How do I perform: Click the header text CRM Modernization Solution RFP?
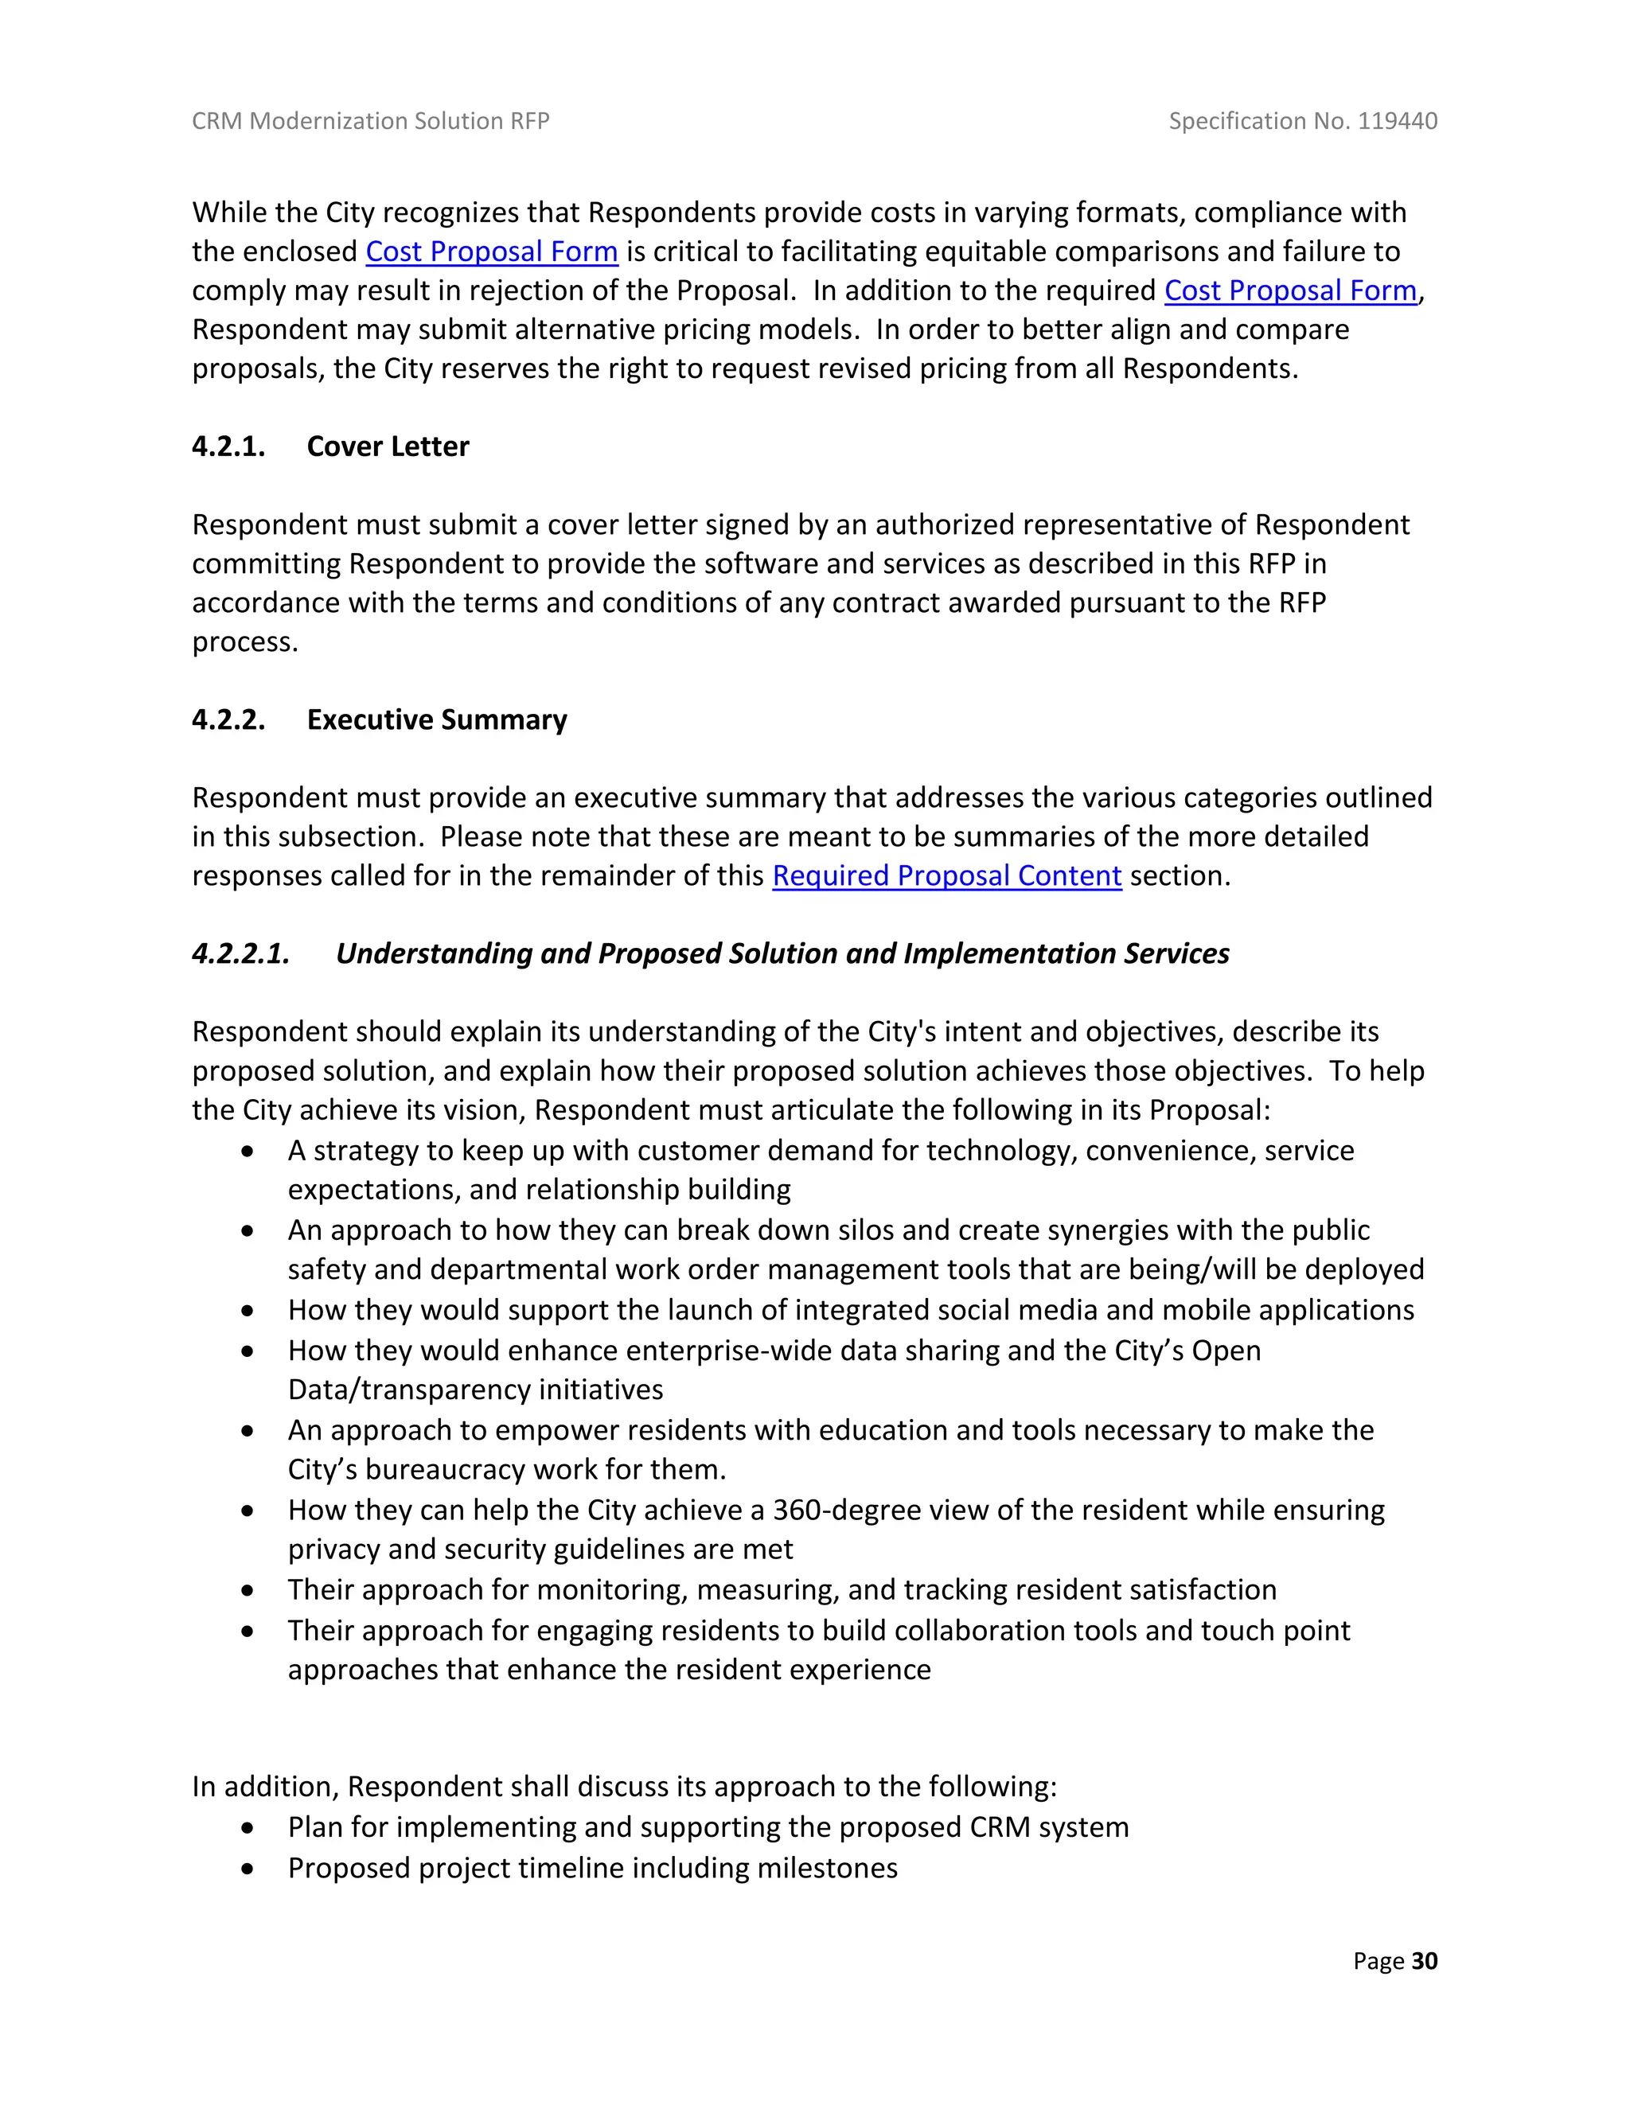point(370,121)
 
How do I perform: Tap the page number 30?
point(1425,1960)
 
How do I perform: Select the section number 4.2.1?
point(228,446)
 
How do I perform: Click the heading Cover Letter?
point(388,446)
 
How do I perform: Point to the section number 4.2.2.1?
point(240,953)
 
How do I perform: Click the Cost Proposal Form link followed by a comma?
point(1290,290)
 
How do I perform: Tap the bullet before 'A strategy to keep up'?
point(249,1151)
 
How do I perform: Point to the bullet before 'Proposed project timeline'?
point(249,1869)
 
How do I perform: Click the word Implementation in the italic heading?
point(1009,953)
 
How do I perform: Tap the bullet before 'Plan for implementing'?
point(249,1828)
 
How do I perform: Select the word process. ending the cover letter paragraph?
point(244,642)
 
